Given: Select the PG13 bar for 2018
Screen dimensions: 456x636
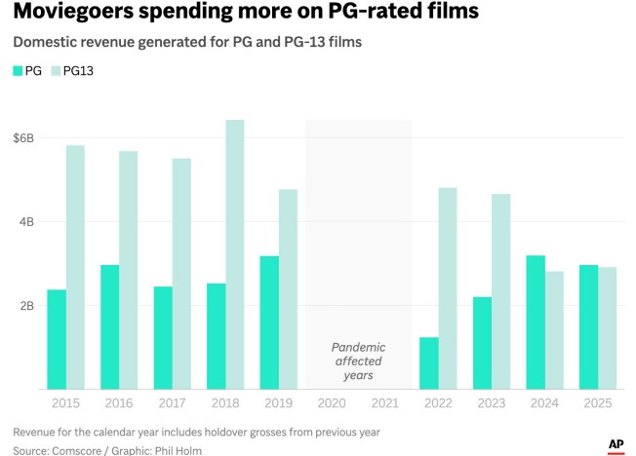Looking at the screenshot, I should coord(235,254).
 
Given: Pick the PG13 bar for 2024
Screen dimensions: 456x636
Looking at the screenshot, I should coord(553,330).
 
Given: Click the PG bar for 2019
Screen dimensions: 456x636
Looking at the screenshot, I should coord(269,323).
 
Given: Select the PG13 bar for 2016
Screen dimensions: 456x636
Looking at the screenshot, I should coord(128,270).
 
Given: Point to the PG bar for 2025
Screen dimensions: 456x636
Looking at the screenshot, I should coord(588,326).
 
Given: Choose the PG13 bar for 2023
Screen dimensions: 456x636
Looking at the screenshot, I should coord(500,291).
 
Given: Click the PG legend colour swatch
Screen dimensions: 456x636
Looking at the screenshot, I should coord(19,71).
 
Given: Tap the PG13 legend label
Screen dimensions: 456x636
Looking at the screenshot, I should coord(78,71).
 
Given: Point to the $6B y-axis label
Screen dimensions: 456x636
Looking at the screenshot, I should coord(23,138).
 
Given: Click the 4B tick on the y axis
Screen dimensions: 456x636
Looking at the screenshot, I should coord(26,222).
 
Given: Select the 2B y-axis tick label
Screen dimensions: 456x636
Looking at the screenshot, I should coord(26,306).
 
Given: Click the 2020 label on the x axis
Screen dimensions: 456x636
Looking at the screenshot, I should coord(331,403).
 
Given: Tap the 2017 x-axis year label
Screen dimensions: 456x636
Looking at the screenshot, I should coord(172,403).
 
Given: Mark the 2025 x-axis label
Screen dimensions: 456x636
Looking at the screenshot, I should coord(596,403).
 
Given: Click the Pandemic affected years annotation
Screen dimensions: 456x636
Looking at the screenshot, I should coord(358,361).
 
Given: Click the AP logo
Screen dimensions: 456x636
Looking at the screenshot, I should coord(616,445).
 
